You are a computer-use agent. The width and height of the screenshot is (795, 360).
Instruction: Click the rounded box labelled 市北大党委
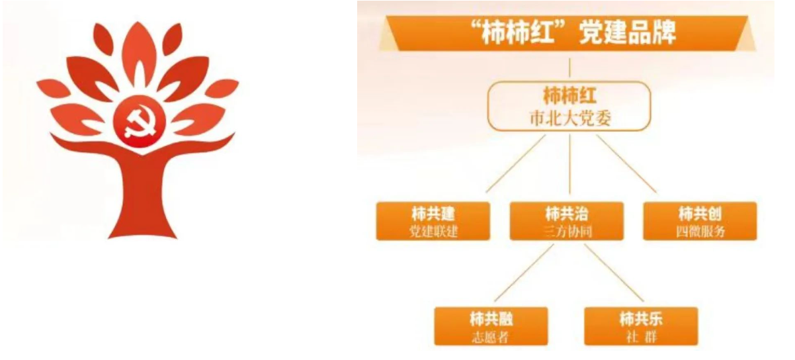point(569,106)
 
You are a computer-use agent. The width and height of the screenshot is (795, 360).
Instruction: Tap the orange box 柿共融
point(491,326)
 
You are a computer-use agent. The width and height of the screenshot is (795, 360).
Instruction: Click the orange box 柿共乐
point(641,326)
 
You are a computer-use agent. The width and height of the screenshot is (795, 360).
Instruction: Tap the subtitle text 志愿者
point(491,336)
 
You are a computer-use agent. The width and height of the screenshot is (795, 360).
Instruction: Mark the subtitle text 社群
point(641,336)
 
